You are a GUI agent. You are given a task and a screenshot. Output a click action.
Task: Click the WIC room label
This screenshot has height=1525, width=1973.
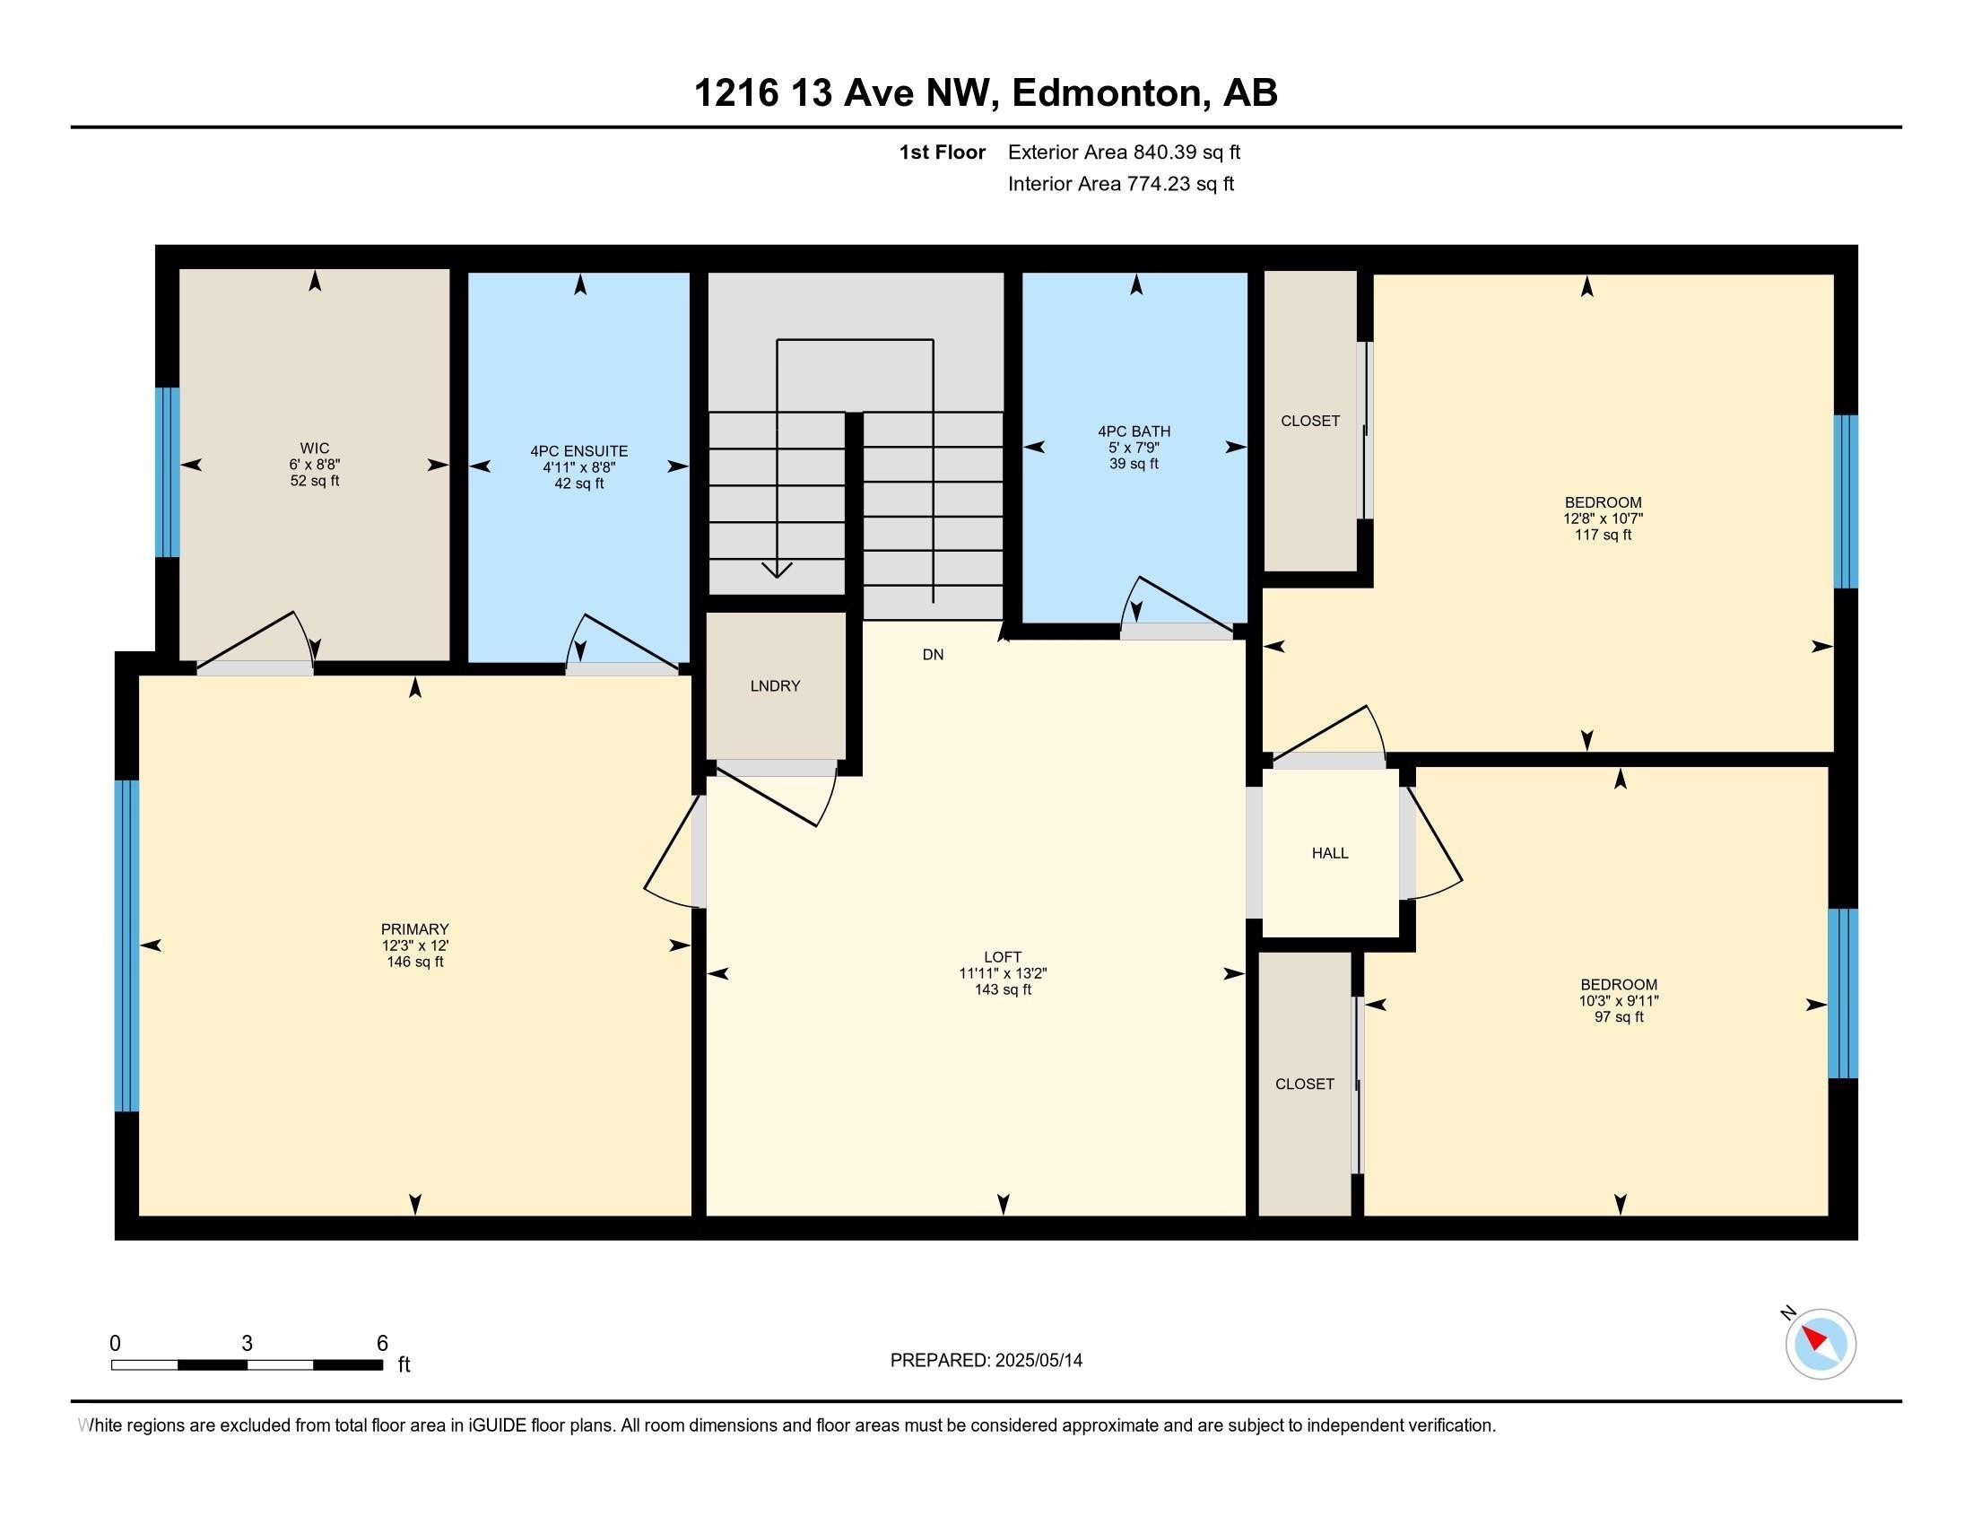pyautogui.click(x=315, y=449)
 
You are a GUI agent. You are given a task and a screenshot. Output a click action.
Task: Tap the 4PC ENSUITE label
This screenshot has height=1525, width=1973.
pyautogui.click(x=579, y=451)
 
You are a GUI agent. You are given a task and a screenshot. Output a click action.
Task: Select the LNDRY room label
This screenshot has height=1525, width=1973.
pyautogui.click(x=775, y=685)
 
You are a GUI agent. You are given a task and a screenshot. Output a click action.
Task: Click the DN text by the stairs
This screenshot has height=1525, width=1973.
pyautogui.click(x=934, y=654)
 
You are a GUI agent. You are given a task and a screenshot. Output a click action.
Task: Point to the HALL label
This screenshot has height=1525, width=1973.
pyautogui.click(x=1330, y=853)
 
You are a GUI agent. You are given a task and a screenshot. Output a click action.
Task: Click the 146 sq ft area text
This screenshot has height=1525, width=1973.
pyautogui.click(x=414, y=963)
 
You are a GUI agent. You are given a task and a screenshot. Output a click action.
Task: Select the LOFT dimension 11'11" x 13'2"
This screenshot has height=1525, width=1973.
pyautogui.click(x=1003, y=973)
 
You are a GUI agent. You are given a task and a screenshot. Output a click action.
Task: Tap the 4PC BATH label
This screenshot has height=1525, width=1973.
pyautogui.click(x=1134, y=431)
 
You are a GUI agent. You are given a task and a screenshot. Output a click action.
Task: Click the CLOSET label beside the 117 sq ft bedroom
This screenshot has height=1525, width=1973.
pyautogui.click(x=1310, y=421)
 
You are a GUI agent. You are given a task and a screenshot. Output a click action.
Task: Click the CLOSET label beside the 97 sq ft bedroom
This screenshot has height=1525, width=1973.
pyautogui.click(x=1305, y=1085)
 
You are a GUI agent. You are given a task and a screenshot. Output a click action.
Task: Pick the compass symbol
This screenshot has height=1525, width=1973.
pyautogui.click(x=1821, y=1344)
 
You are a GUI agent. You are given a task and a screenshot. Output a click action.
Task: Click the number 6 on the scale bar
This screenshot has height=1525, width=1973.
pyautogui.click(x=382, y=1344)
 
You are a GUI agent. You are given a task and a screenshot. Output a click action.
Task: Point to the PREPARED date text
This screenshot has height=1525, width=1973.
pyautogui.click(x=986, y=1361)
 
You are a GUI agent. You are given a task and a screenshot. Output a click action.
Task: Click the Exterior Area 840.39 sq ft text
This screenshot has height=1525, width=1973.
pyautogui.click(x=1124, y=152)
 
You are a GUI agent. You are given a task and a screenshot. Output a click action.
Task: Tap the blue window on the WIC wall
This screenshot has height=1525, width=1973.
pyautogui.click(x=167, y=472)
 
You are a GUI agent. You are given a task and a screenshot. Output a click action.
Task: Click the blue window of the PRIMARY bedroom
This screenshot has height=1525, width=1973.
pyautogui.click(x=127, y=945)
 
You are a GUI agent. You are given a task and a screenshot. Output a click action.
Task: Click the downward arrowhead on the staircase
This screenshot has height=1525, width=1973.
pyautogui.click(x=777, y=570)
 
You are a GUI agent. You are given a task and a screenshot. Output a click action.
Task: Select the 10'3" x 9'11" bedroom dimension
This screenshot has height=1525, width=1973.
pyautogui.click(x=1619, y=1001)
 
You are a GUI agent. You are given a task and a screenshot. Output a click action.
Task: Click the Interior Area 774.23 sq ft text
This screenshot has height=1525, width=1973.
pyautogui.click(x=1120, y=184)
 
